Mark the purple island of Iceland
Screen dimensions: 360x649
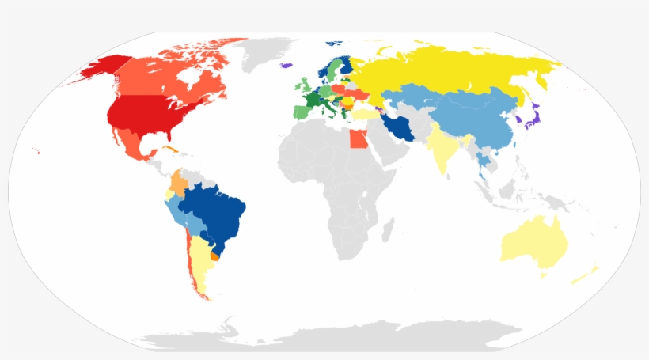coord(287,66)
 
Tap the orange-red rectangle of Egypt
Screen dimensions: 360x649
coord(357,140)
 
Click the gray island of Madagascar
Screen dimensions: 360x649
coord(387,230)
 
